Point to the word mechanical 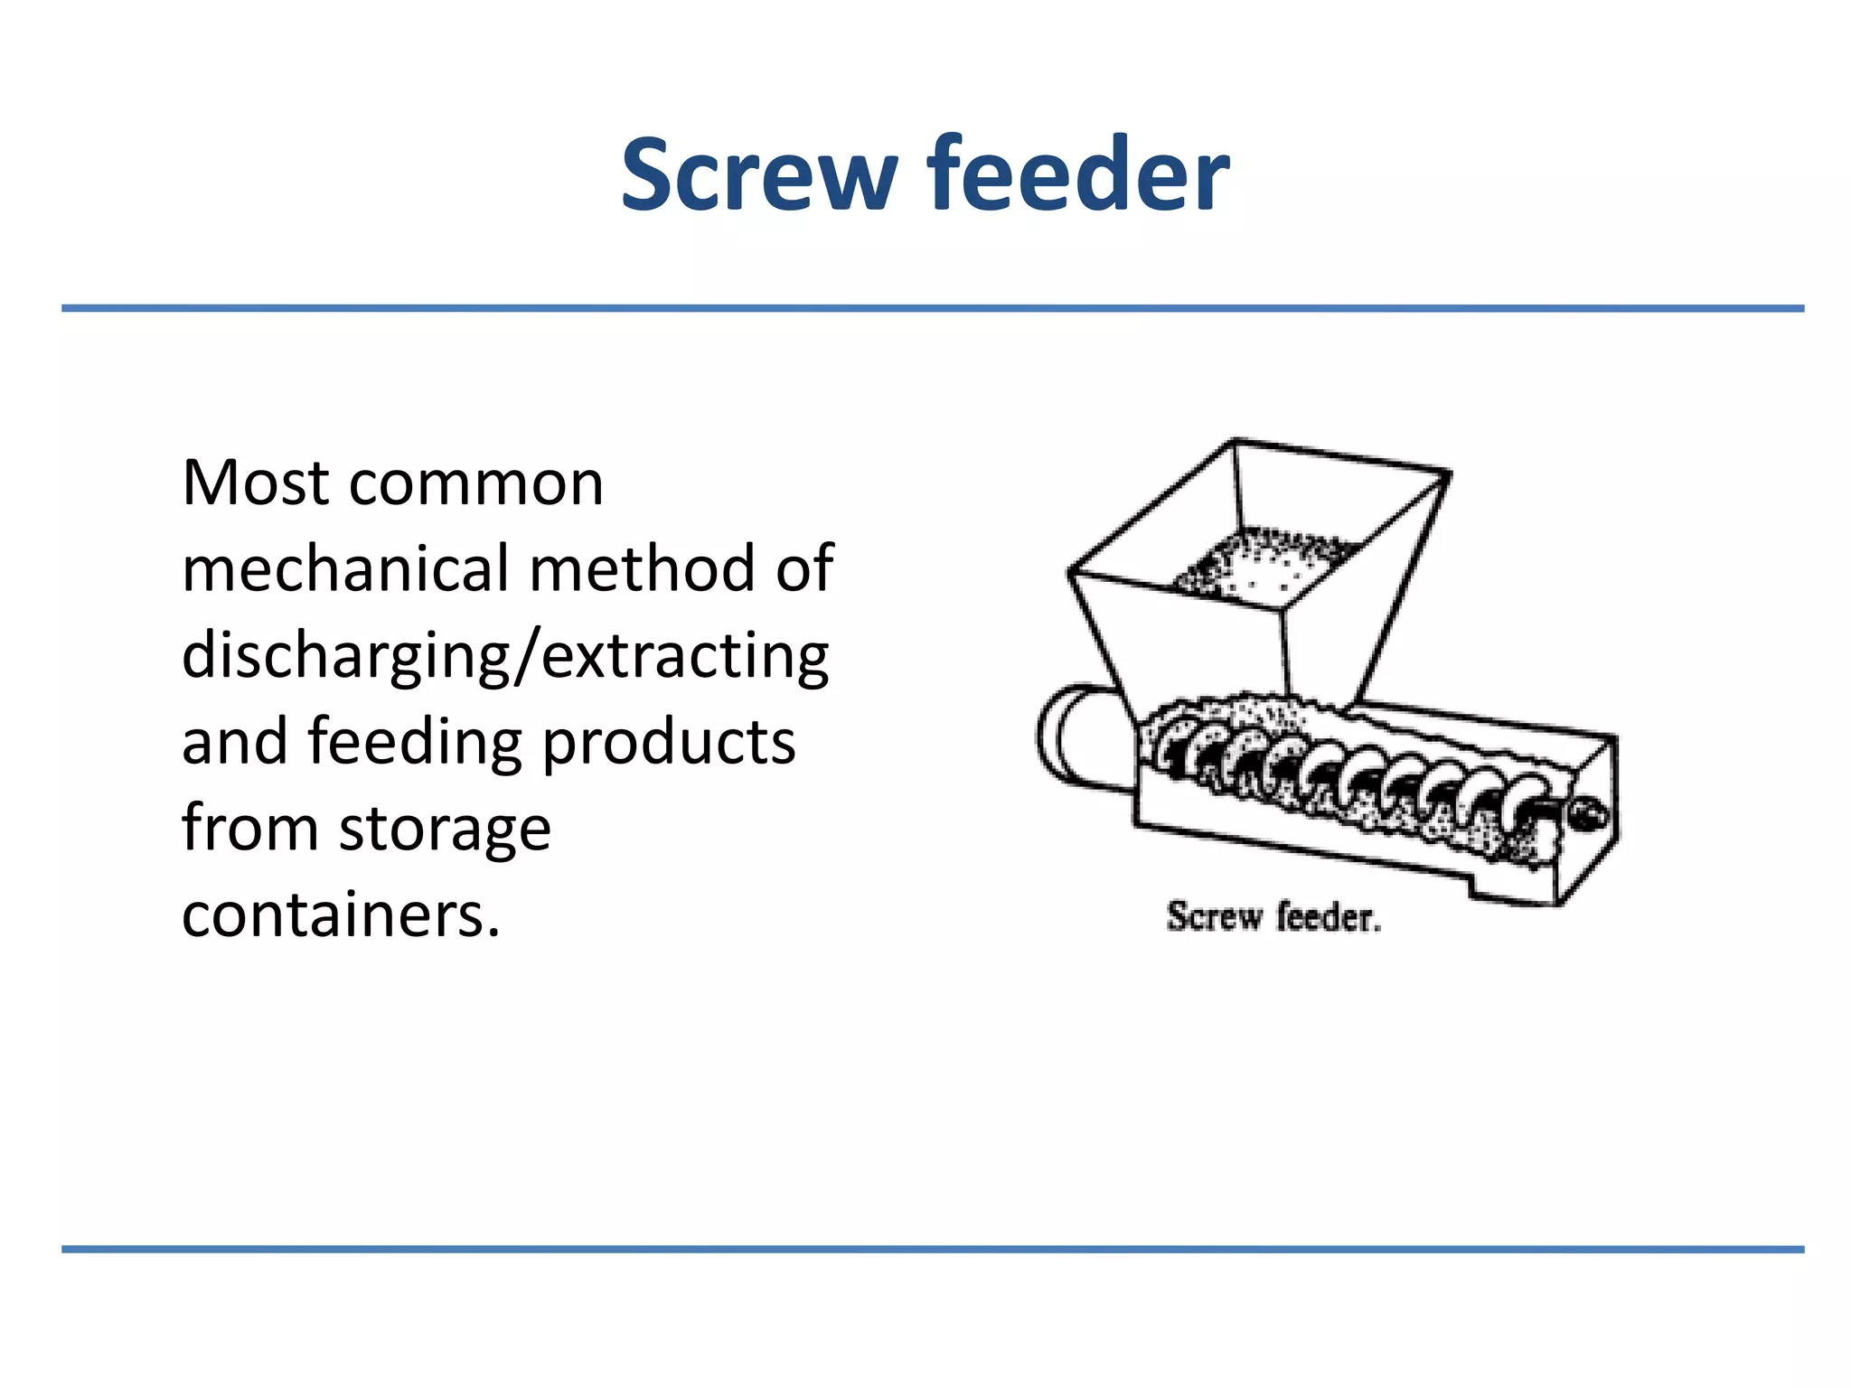coord(346,569)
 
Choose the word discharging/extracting coord(505,657)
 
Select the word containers coord(341,915)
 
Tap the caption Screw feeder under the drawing coord(1273,917)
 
